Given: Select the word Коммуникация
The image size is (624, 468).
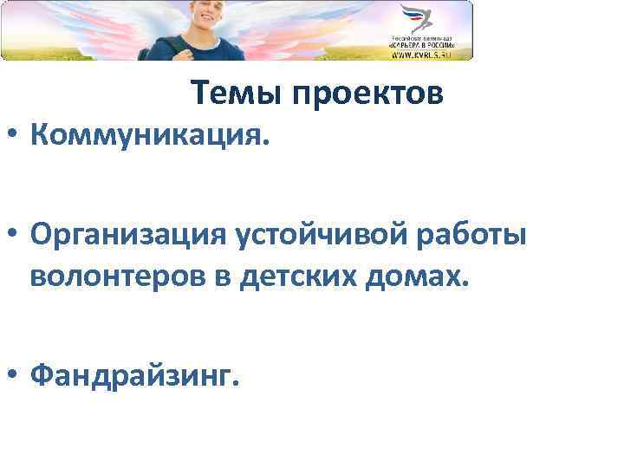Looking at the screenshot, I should click(150, 135).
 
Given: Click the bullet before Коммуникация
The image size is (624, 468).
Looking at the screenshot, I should click(13, 136).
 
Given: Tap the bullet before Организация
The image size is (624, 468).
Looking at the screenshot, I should click(13, 235).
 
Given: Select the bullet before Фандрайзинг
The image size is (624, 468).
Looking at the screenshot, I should click(13, 376).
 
